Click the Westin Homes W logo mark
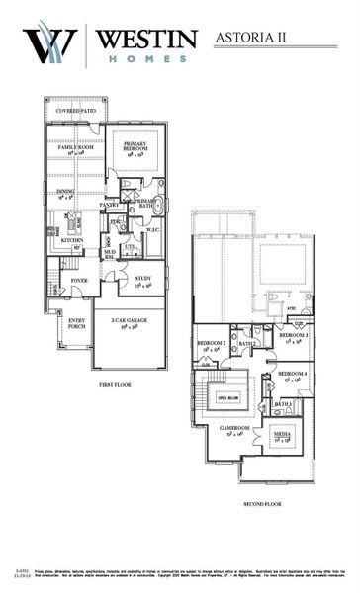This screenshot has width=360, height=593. [48, 43]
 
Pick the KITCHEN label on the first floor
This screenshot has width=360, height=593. [71, 240]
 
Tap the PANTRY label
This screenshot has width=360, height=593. [109, 205]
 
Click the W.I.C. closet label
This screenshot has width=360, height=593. [153, 231]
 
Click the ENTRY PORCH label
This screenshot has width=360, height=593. [76, 324]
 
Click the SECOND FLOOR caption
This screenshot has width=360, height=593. [261, 504]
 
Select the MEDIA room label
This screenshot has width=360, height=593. [282, 434]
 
